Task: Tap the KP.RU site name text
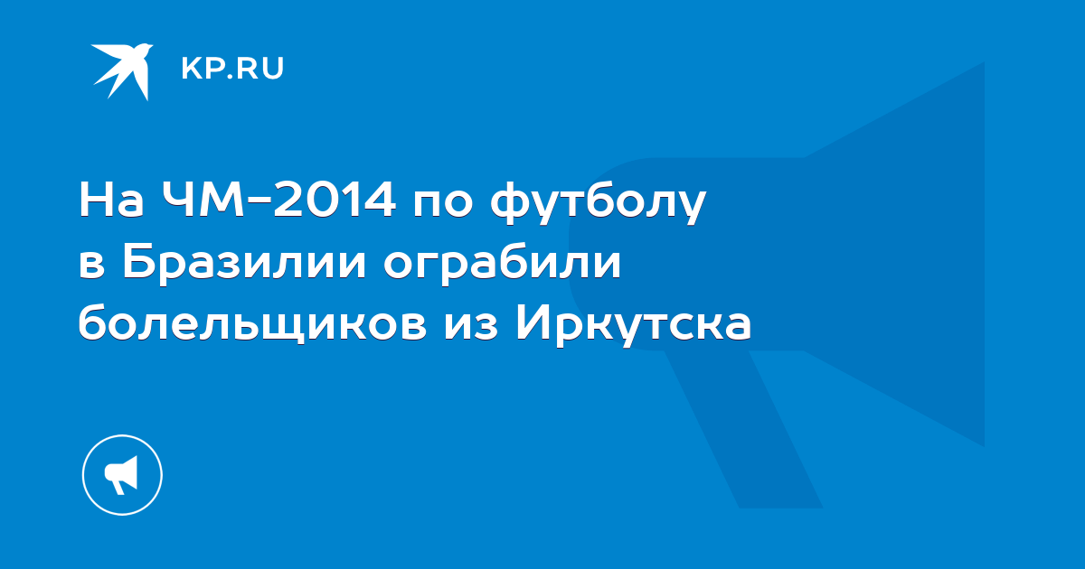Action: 232,69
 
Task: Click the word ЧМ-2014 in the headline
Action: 278,199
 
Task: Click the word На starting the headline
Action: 111,199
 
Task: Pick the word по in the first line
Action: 443,203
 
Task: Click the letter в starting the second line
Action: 91,266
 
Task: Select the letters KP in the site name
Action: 202,69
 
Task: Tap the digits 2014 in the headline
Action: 335,199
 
